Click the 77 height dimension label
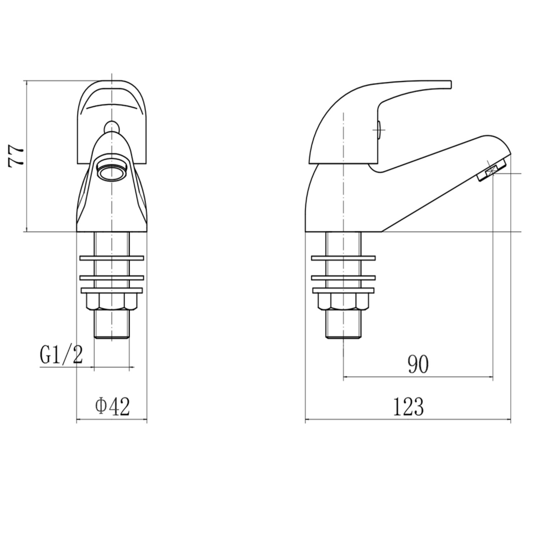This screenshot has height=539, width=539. point(16,155)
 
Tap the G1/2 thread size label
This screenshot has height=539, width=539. point(61,355)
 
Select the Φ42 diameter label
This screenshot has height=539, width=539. point(112,406)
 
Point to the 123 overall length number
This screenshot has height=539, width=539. point(408,406)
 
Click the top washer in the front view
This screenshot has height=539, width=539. point(112,258)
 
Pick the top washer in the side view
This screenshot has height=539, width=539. point(343,258)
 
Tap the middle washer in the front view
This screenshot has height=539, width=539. point(112,277)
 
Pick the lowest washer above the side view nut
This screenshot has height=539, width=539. point(343,290)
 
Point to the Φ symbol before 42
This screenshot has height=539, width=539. point(101,406)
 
